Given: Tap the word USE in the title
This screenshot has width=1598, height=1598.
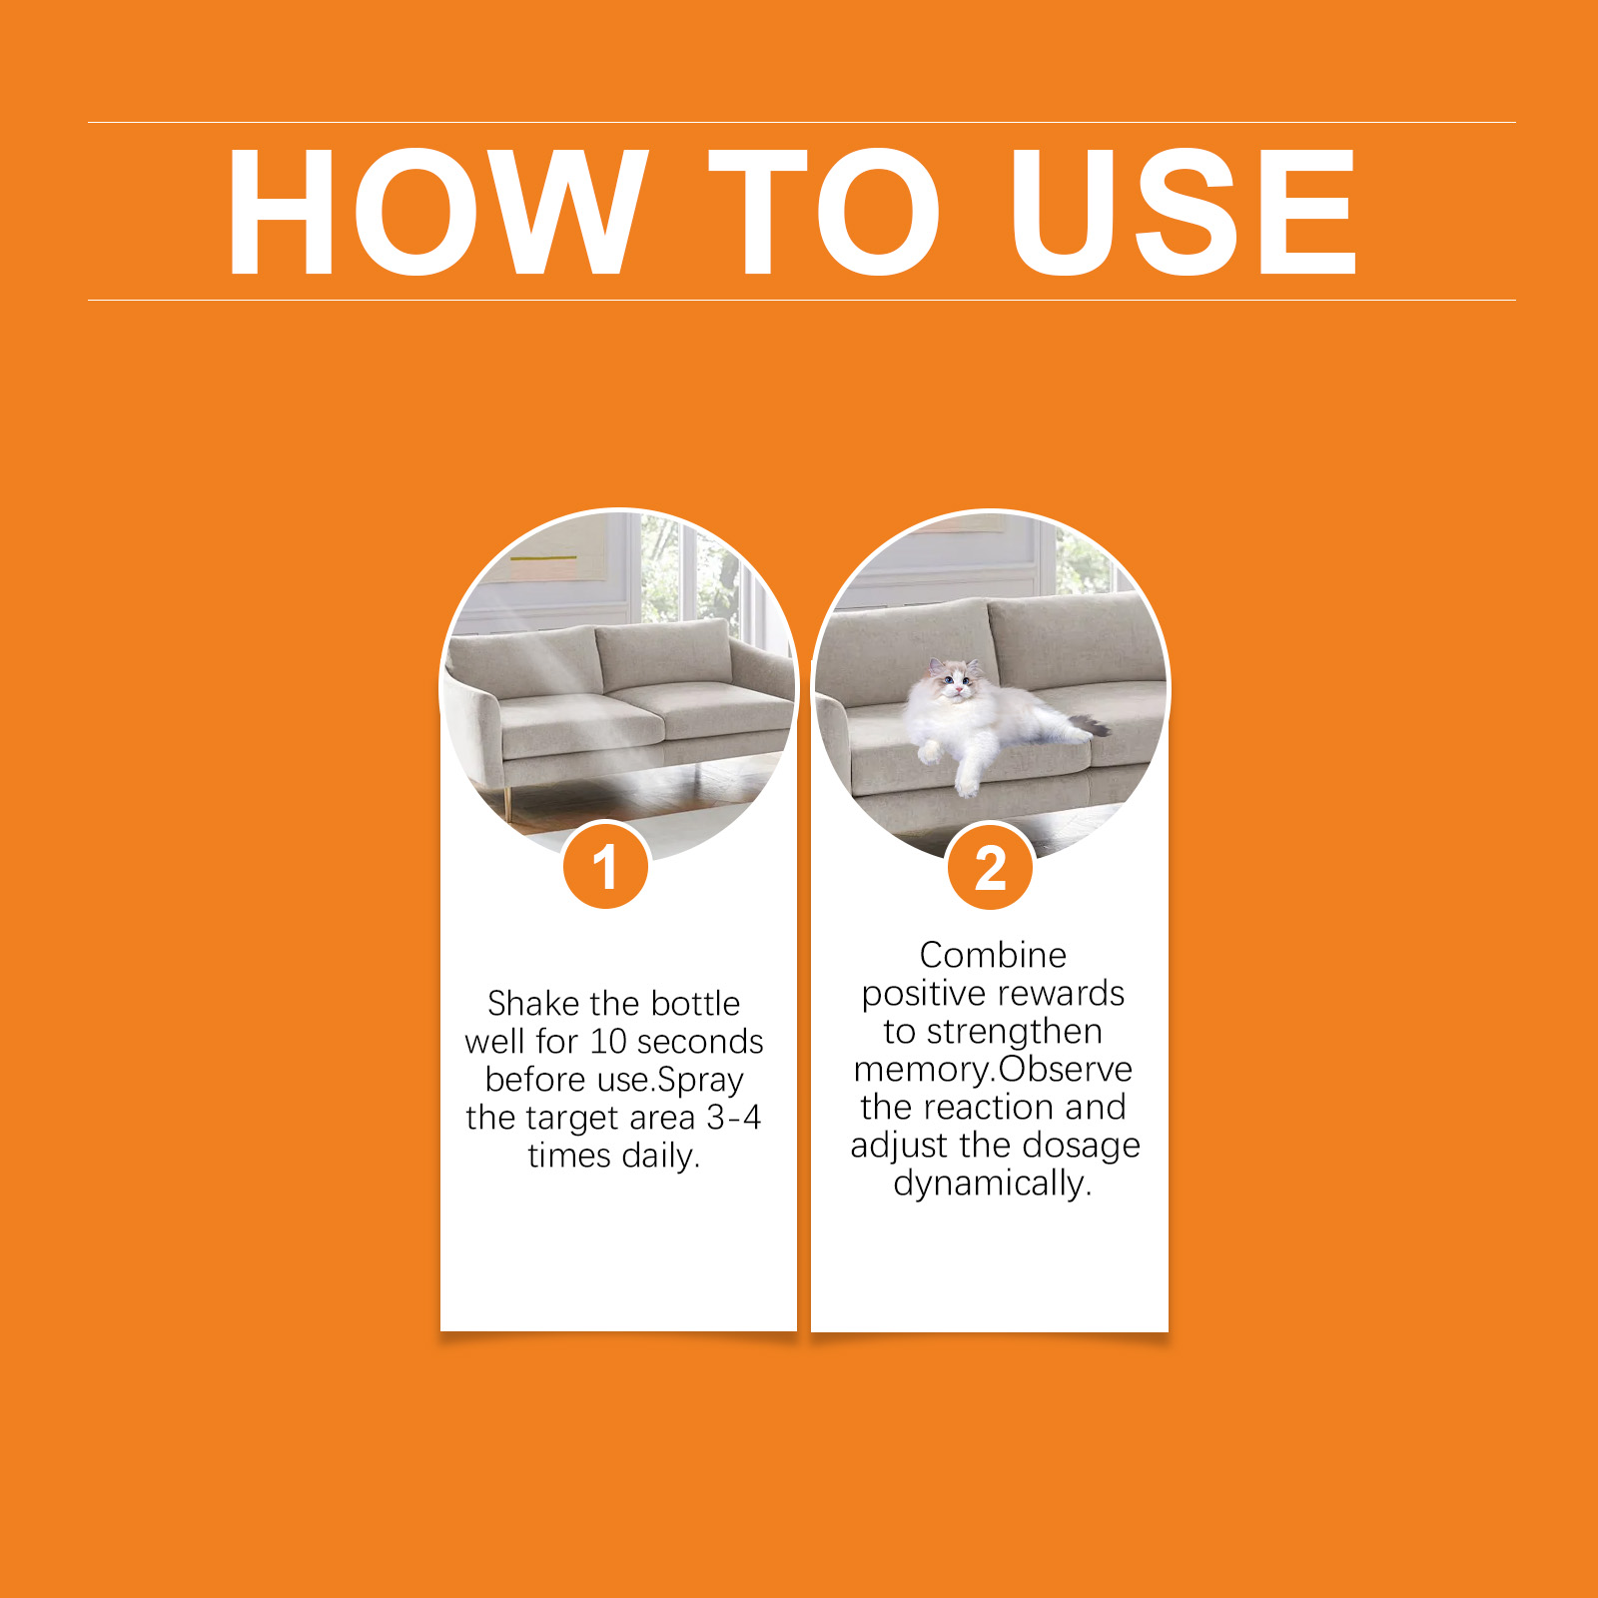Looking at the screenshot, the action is click(x=1184, y=211).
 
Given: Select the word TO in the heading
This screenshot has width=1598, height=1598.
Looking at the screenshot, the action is click(x=825, y=211).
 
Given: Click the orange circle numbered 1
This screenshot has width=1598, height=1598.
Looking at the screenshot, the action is click(x=605, y=865).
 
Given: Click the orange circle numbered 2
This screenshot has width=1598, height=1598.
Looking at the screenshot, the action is click(x=990, y=866).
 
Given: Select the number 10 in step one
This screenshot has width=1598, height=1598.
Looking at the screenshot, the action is click(x=607, y=1041).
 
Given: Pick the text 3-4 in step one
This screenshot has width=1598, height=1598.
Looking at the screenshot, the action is click(x=734, y=1117).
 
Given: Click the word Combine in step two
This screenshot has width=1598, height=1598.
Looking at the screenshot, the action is click(x=993, y=955).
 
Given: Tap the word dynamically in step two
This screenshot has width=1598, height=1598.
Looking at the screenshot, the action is click(x=993, y=1185).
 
